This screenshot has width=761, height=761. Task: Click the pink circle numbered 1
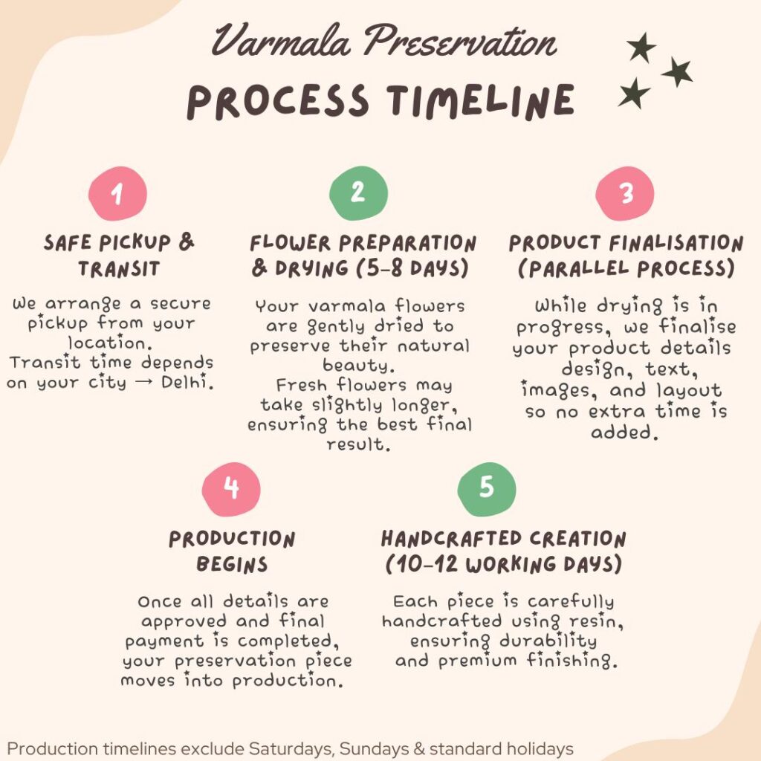click(x=117, y=193)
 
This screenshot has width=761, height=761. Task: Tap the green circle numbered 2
click(x=358, y=192)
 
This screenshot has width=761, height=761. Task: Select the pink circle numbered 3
click(x=624, y=193)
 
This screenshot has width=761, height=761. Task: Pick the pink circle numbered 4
click(x=231, y=489)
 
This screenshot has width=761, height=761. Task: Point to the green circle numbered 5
click(x=486, y=489)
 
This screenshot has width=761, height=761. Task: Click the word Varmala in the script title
click(x=281, y=41)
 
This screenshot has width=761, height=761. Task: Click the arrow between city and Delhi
click(x=143, y=383)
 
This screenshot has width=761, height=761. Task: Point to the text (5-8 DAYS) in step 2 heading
click(x=412, y=268)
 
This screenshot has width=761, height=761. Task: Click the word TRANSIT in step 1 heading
click(x=119, y=268)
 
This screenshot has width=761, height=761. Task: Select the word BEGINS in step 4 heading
click(x=232, y=564)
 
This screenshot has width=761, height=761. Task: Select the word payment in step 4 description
click(x=164, y=641)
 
